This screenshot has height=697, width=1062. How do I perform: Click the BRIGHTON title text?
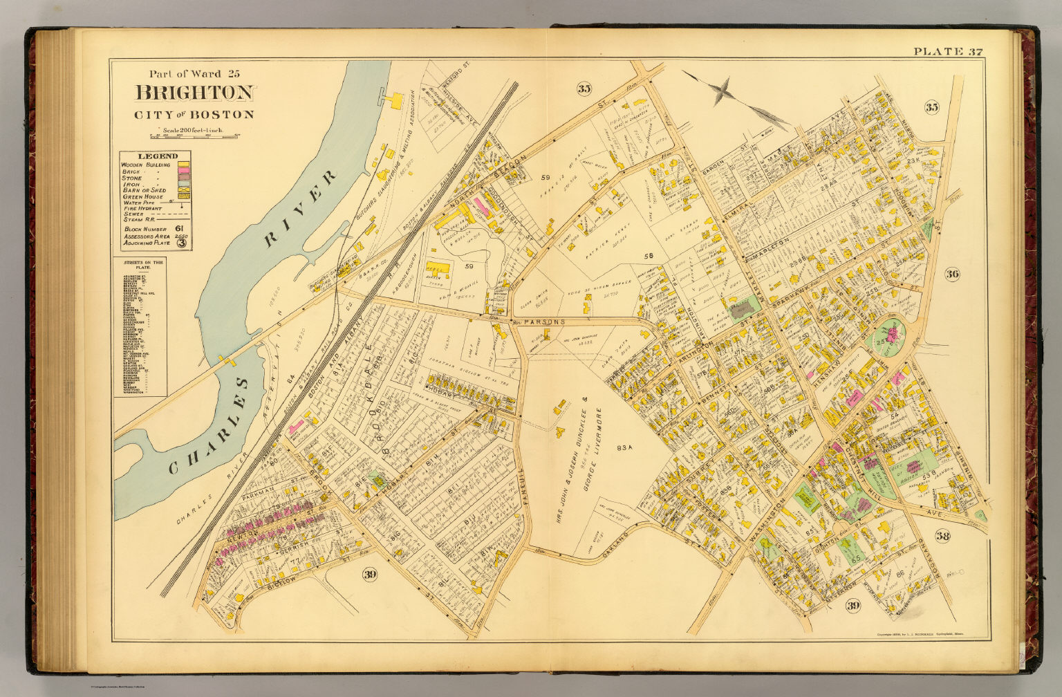(195, 93)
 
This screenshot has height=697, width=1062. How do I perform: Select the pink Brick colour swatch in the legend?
(184, 171)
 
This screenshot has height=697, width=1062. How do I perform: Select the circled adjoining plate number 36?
(951, 274)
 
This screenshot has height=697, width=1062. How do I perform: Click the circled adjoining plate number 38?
(942, 536)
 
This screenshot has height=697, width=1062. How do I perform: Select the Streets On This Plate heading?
(139, 263)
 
